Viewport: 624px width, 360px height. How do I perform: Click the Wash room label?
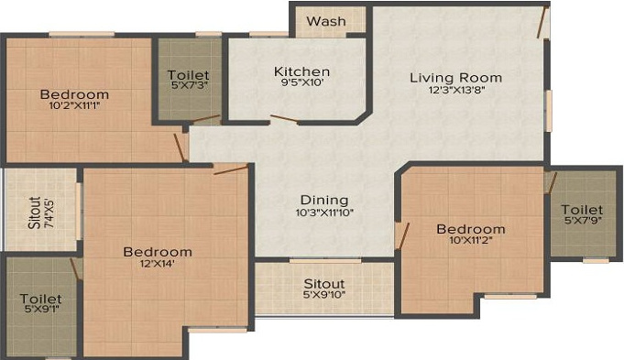(x=325, y=21)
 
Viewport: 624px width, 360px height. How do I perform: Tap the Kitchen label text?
(x=301, y=71)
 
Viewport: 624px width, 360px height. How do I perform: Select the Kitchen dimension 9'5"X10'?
(x=301, y=85)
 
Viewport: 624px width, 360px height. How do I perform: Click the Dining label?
(x=324, y=200)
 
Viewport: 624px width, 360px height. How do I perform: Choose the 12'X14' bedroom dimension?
(x=159, y=266)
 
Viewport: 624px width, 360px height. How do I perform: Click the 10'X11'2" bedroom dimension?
(x=470, y=242)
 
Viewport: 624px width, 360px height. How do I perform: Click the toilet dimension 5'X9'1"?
(x=40, y=312)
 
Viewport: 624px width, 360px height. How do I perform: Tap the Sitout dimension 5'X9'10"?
(x=323, y=296)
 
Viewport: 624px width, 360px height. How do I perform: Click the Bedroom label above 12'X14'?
(x=159, y=252)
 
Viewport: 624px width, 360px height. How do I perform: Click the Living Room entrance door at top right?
(x=544, y=21)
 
